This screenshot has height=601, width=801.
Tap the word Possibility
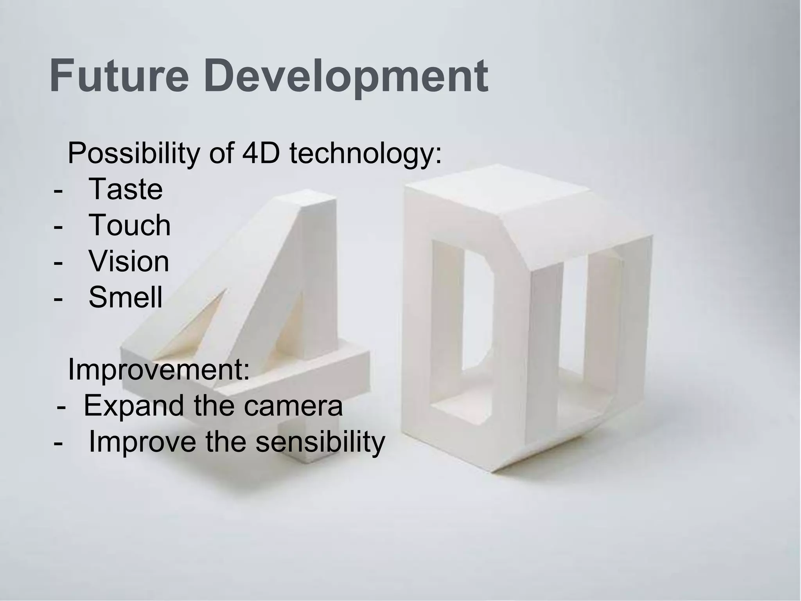[x=133, y=154]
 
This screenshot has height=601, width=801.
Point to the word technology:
[x=366, y=155]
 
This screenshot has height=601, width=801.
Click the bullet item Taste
[x=126, y=189]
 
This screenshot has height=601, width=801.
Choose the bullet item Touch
[x=129, y=225]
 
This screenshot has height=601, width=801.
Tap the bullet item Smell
[x=125, y=297]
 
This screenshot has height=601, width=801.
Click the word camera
[x=293, y=406]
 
